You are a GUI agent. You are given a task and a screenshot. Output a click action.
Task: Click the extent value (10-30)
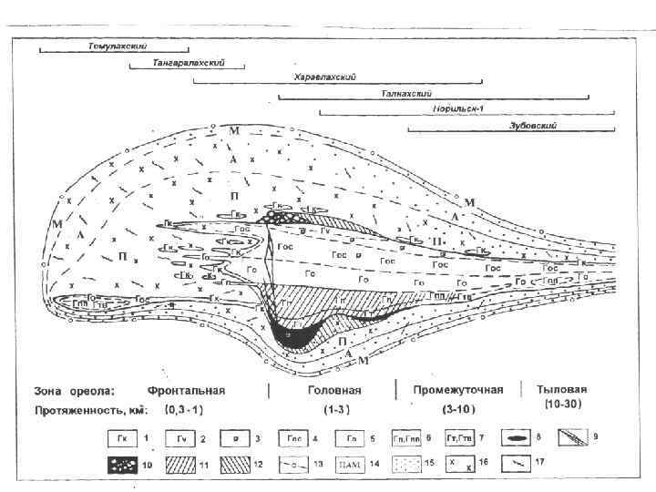[x=555, y=402]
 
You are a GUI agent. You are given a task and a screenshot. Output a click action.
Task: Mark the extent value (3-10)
[x=458, y=409]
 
